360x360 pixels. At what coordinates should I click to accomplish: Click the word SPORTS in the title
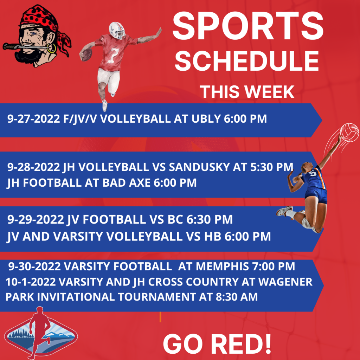pos(248,26)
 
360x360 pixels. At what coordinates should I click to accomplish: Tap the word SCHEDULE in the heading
pos(247,61)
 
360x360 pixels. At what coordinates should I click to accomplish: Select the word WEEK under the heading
pos(269,92)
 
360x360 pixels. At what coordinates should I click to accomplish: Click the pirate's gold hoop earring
pos(52,48)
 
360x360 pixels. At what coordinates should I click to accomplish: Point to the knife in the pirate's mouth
pos(25,46)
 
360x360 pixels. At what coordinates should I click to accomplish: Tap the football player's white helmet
pos(117,30)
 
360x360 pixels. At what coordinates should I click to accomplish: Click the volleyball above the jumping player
pos(349,133)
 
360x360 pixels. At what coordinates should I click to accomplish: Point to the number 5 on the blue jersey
pos(313,173)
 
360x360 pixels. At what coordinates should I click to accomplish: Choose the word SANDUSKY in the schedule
pos(199,167)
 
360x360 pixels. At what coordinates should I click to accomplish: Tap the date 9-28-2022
pos(33,167)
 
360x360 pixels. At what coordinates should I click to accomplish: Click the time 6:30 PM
pos(210,219)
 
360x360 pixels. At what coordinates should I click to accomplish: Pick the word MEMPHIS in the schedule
pos(223,266)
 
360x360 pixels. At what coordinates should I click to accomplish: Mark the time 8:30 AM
pos(237,297)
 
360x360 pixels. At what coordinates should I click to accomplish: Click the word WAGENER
pos(285,282)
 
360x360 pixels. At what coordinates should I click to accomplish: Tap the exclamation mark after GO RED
pos(268,344)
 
